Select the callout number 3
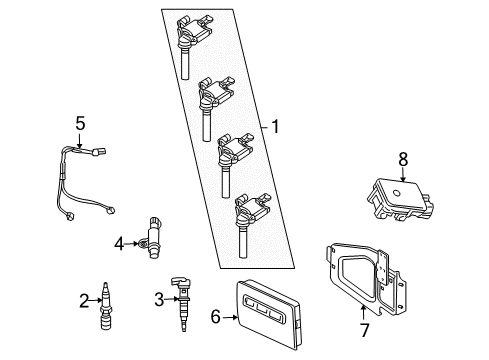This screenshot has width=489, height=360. pos(158,297)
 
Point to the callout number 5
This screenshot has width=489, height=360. pos(82,124)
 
